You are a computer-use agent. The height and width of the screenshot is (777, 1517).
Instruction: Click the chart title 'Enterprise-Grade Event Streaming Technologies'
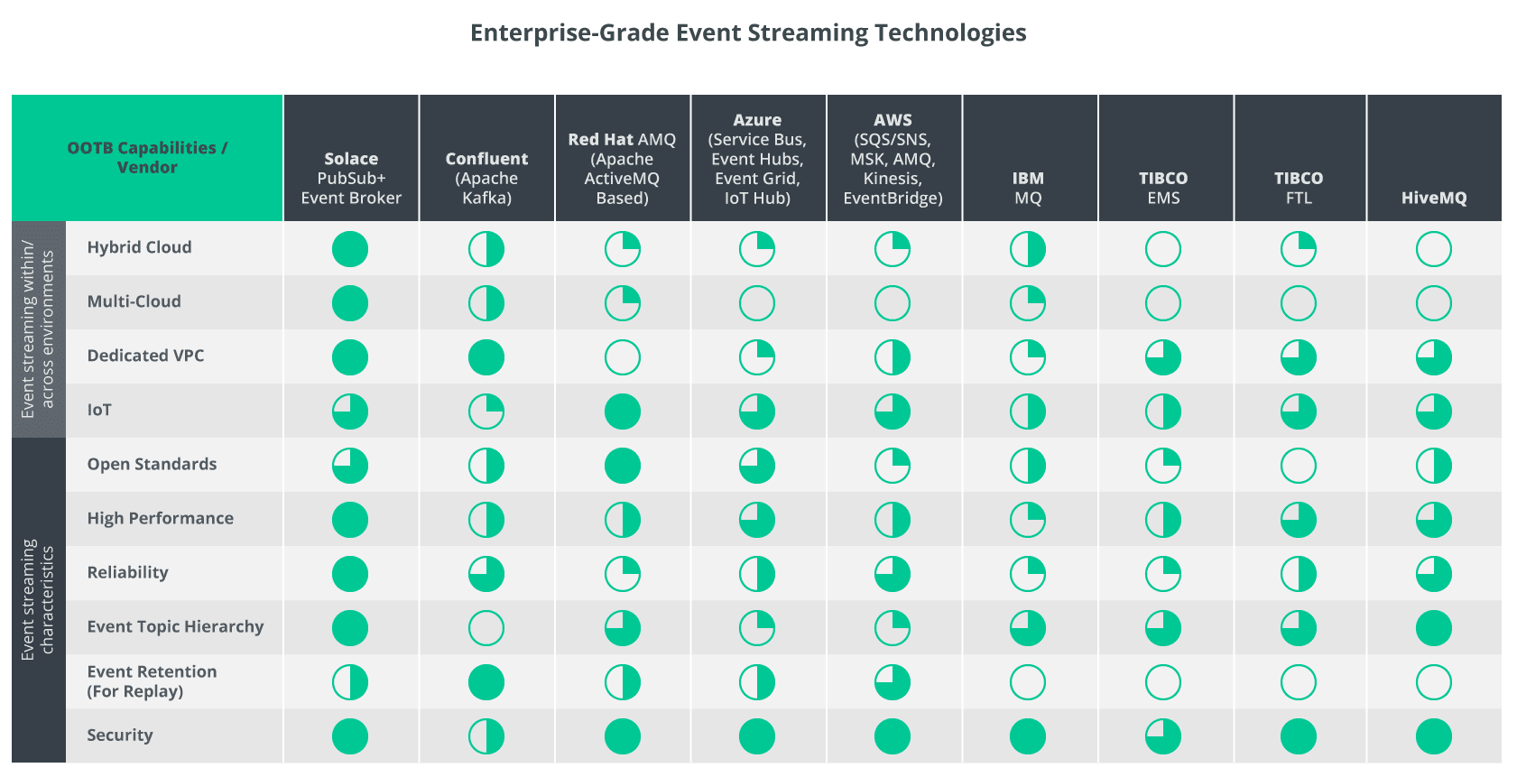click(x=748, y=33)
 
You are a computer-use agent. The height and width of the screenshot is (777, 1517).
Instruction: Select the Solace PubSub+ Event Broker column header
click(x=351, y=178)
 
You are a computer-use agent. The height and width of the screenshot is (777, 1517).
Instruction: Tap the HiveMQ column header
click(x=1434, y=198)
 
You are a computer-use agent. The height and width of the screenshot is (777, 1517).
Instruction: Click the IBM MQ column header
click(x=1028, y=188)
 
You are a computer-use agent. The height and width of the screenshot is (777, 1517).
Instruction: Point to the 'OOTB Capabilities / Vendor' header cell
click(x=147, y=158)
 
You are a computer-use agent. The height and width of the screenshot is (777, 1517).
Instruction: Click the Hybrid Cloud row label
click(x=139, y=247)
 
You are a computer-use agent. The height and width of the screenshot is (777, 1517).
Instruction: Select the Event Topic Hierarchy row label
click(x=175, y=626)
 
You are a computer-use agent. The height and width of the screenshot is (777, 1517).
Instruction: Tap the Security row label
click(x=120, y=735)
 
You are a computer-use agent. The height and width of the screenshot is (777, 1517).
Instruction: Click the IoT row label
click(x=99, y=410)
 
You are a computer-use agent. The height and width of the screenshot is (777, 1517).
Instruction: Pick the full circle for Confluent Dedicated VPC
click(x=486, y=357)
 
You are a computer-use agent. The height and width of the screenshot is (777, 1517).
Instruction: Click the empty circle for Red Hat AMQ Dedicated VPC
click(x=622, y=357)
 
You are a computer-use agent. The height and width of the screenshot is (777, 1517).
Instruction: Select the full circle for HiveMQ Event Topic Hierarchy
click(x=1434, y=628)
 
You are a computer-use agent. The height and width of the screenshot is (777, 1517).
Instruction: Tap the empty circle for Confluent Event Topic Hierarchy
click(x=486, y=628)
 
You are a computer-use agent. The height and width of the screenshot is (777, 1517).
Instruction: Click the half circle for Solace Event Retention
click(x=350, y=682)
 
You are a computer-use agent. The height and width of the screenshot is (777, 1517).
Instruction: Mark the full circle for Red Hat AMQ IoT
click(x=622, y=412)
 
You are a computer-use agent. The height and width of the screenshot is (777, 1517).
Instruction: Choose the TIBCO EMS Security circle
click(x=1163, y=736)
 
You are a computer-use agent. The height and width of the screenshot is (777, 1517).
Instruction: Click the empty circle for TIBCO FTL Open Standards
click(x=1299, y=466)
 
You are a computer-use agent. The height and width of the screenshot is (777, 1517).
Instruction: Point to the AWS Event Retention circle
click(x=893, y=682)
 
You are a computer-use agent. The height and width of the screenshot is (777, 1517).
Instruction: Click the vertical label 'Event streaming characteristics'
click(x=38, y=600)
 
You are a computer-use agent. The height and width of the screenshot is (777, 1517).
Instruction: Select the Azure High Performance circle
click(x=757, y=520)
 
